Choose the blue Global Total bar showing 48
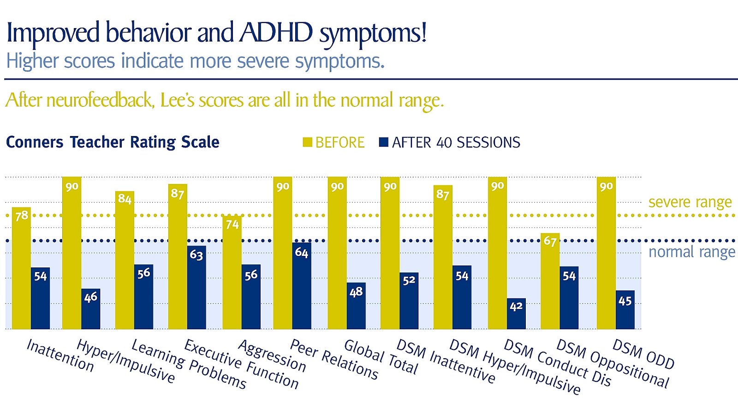(x=356, y=307)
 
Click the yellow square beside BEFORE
(x=307, y=142)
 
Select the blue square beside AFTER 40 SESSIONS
(x=383, y=142)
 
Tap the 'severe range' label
(x=690, y=202)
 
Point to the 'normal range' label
(x=691, y=252)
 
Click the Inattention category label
(x=60, y=356)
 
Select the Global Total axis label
(x=381, y=358)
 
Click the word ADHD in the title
(x=275, y=33)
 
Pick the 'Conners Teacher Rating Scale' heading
(x=113, y=142)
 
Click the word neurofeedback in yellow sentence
(x=100, y=101)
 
